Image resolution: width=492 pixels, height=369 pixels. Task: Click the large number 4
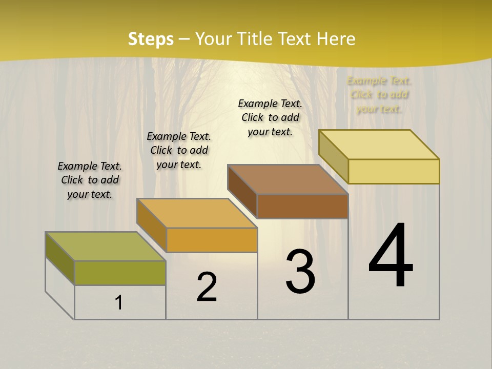click(x=391, y=256)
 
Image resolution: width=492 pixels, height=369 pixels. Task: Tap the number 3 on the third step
click(x=300, y=272)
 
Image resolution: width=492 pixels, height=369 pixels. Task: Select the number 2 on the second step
click(x=207, y=287)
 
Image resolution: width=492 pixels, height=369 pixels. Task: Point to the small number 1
click(x=119, y=303)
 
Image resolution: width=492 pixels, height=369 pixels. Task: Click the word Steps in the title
click(x=151, y=39)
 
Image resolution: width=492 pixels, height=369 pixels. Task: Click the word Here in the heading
click(x=336, y=39)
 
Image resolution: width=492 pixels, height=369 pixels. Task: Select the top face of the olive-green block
click(x=105, y=247)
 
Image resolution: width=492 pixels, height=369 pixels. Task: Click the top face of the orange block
click(x=196, y=213)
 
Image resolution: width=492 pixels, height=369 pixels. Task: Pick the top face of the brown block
click(x=288, y=179)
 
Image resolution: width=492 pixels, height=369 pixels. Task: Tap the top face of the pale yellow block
click(x=379, y=145)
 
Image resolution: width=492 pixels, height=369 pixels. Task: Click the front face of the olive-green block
click(x=120, y=273)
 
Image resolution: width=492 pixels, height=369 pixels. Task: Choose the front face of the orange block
click(x=212, y=240)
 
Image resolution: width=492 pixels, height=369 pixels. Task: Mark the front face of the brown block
click(x=302, y=206)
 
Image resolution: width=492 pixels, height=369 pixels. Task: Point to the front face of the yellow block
click(x=394, y=171)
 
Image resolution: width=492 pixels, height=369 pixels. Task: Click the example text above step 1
click(x=90, y=180)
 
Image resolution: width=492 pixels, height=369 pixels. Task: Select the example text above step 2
click(x=179, y=150)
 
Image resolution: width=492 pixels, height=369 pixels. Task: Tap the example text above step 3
click(x=270, y=117)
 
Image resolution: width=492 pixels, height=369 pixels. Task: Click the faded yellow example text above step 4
click(x=379, y=95)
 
